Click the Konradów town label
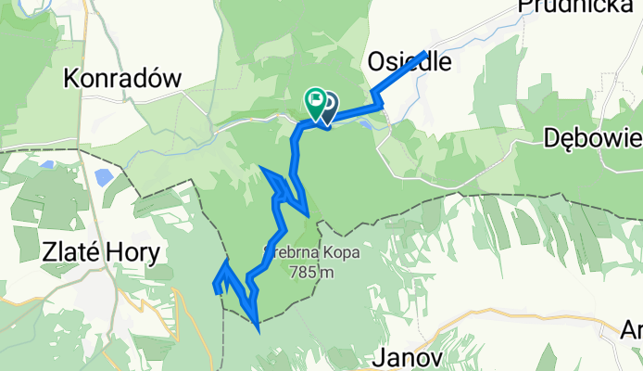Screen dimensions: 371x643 (x=121, y=79)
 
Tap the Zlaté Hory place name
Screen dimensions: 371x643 (x=102, y=251)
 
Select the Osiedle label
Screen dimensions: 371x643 (x=409, y=61)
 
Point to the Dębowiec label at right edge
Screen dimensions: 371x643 (x=593, y=138)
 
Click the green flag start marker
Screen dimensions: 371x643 (x=316, y=98)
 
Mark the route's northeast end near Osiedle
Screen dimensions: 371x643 (x=425, y=53)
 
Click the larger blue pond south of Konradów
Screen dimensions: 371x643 (x=103, y=177)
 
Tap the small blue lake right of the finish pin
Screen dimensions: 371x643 (x=368, y=122)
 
